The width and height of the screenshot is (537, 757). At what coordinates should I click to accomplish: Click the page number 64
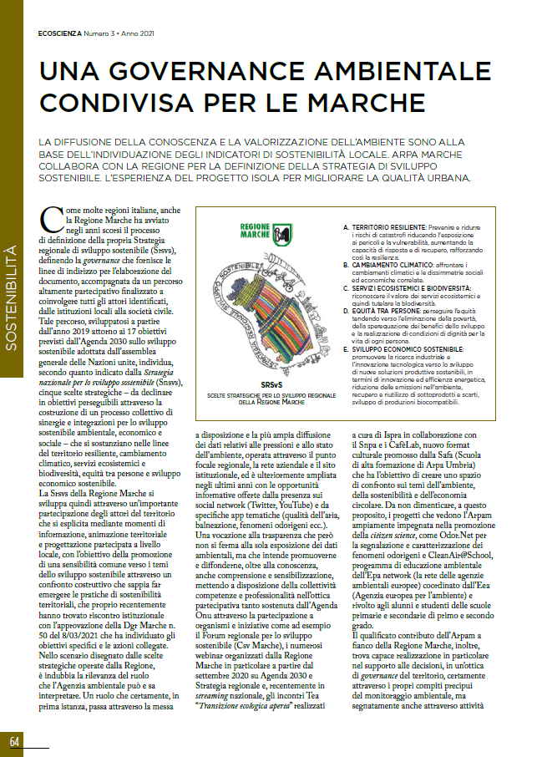pos(15,741)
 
